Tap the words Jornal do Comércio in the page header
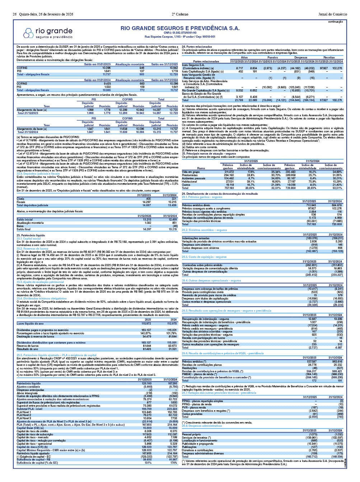333,14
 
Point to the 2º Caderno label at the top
179,14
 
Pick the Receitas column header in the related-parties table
329,57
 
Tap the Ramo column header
201,168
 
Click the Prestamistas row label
191,175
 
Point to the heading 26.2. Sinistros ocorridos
204,230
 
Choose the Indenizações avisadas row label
196,238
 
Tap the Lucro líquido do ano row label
31,323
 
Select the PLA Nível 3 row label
24,418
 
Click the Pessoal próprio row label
191,434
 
